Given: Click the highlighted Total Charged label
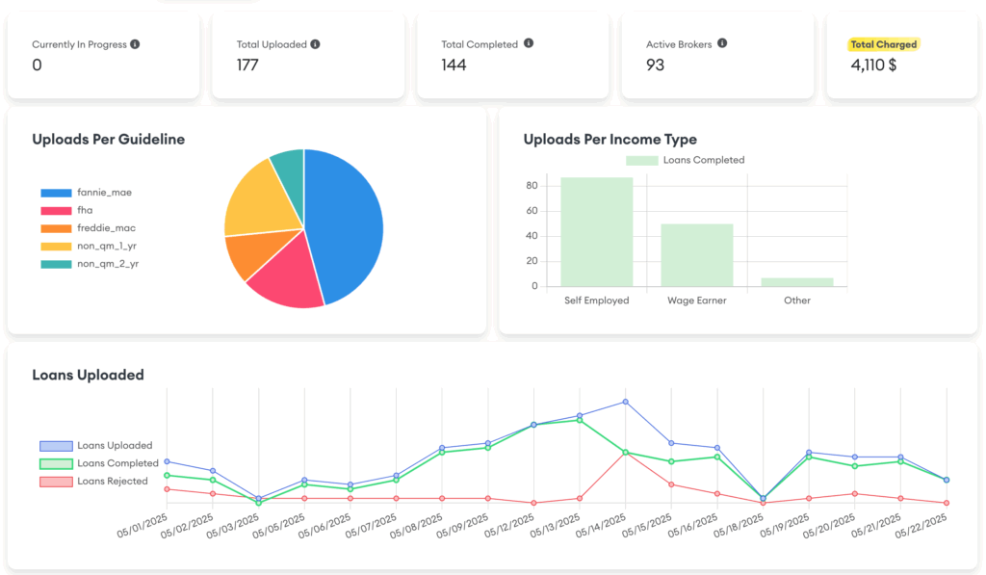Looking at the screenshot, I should [883, 44].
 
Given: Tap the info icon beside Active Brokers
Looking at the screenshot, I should [722, 43].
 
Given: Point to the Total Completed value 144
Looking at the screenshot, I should [454, 65].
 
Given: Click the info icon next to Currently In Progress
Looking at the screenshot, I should [135, 44].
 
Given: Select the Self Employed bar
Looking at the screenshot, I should [596, 232].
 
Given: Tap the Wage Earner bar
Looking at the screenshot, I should [696, 255].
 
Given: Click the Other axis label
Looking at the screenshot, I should [796, 301].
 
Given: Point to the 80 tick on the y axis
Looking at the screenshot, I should [531, 186].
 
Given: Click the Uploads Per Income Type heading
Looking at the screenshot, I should [610, 140].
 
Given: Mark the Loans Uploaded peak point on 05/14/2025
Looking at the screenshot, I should [625, 402].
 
